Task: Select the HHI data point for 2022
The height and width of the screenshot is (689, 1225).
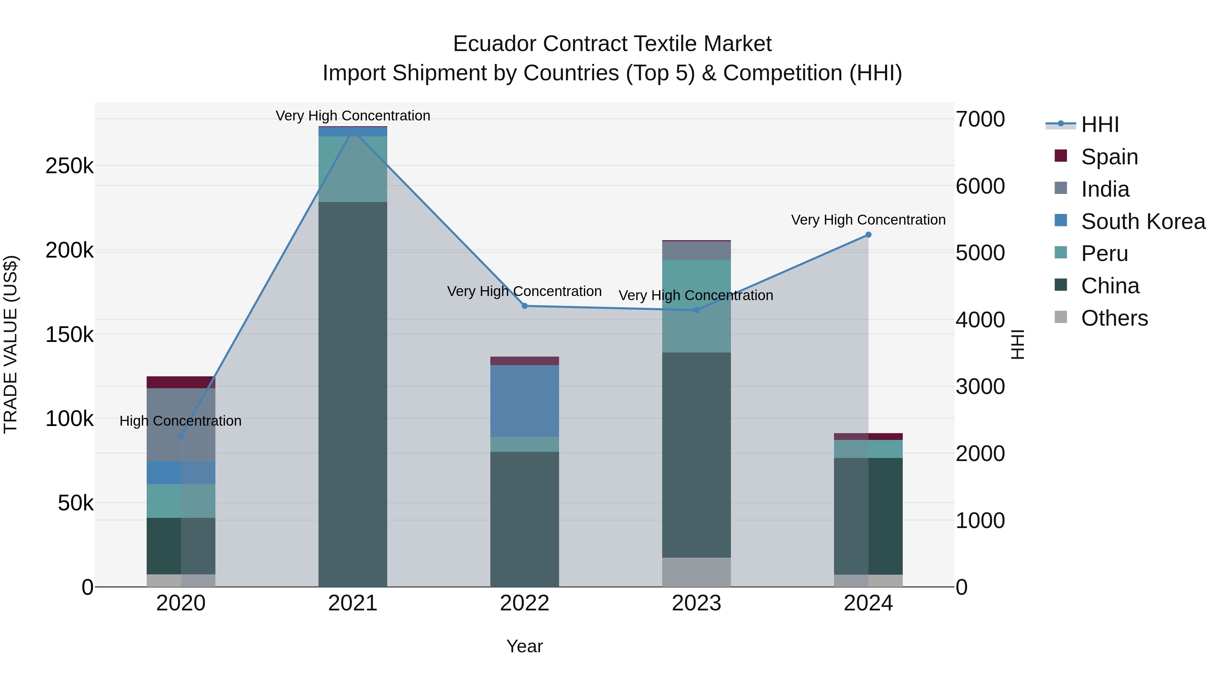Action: click(x=524, y=306)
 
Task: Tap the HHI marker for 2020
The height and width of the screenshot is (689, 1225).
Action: click(x=181, y=436)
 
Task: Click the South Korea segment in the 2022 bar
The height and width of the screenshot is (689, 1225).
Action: click(x=524, y=400)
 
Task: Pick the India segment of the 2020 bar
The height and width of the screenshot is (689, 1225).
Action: click(x=181, y=424)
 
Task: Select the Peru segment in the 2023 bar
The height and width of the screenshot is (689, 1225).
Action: click(x=696, y=306)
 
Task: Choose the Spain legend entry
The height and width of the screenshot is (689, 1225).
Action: click(x=1109, y=157)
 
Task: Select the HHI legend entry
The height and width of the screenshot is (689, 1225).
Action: click(x=1099, y=125)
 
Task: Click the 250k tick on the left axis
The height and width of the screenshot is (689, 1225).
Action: click(x=69, y=166)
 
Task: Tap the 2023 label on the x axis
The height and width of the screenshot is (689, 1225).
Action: click(x=696, y=603)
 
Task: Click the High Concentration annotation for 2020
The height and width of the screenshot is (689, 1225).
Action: click(x=181, y=421)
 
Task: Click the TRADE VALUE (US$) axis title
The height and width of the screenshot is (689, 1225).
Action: click(x=11, y=344)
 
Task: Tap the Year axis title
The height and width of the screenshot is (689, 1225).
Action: click(x=524, y=646)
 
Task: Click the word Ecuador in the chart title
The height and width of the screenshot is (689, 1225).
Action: click(x=494, y=44)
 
